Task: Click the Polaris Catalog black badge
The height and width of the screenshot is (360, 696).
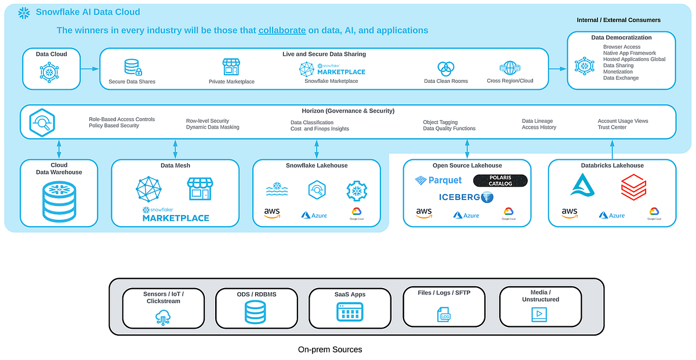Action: [x=500, y=180]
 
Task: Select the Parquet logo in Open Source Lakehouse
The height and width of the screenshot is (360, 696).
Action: [x=438, y=180]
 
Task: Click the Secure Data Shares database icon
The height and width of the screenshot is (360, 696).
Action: [x=132, y=67]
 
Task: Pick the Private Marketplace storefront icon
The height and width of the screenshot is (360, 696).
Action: [x=231, y=67]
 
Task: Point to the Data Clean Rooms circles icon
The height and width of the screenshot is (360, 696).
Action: [x=445, y=68]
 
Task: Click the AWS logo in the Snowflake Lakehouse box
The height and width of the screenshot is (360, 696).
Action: [x=272, y=213]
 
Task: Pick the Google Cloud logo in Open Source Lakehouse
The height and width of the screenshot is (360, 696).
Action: [x=509, y=213]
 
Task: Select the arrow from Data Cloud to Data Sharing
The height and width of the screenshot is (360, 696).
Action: [x=90, y=69]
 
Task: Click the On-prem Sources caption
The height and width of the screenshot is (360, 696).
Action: [x=330, y=350]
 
